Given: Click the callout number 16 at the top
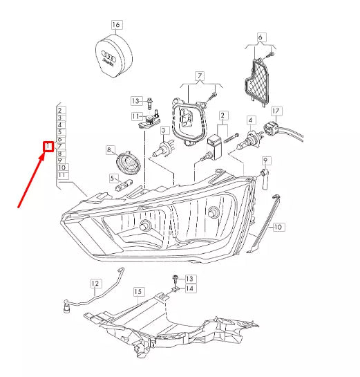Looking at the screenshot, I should (116, 25).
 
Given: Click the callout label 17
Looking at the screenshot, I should (276, 111).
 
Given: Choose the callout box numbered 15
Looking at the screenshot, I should (138, 293).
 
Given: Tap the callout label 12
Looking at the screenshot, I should (95, 282).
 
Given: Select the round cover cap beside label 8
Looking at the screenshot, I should (129, 163).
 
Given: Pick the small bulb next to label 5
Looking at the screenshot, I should (125, 183).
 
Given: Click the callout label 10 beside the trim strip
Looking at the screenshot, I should (278, 226).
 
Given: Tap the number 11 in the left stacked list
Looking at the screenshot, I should (62, 176).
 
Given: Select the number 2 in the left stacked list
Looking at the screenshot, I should (62, 110).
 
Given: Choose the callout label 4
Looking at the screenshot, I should (251, 120).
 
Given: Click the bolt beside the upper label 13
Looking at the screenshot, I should (149, 103).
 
